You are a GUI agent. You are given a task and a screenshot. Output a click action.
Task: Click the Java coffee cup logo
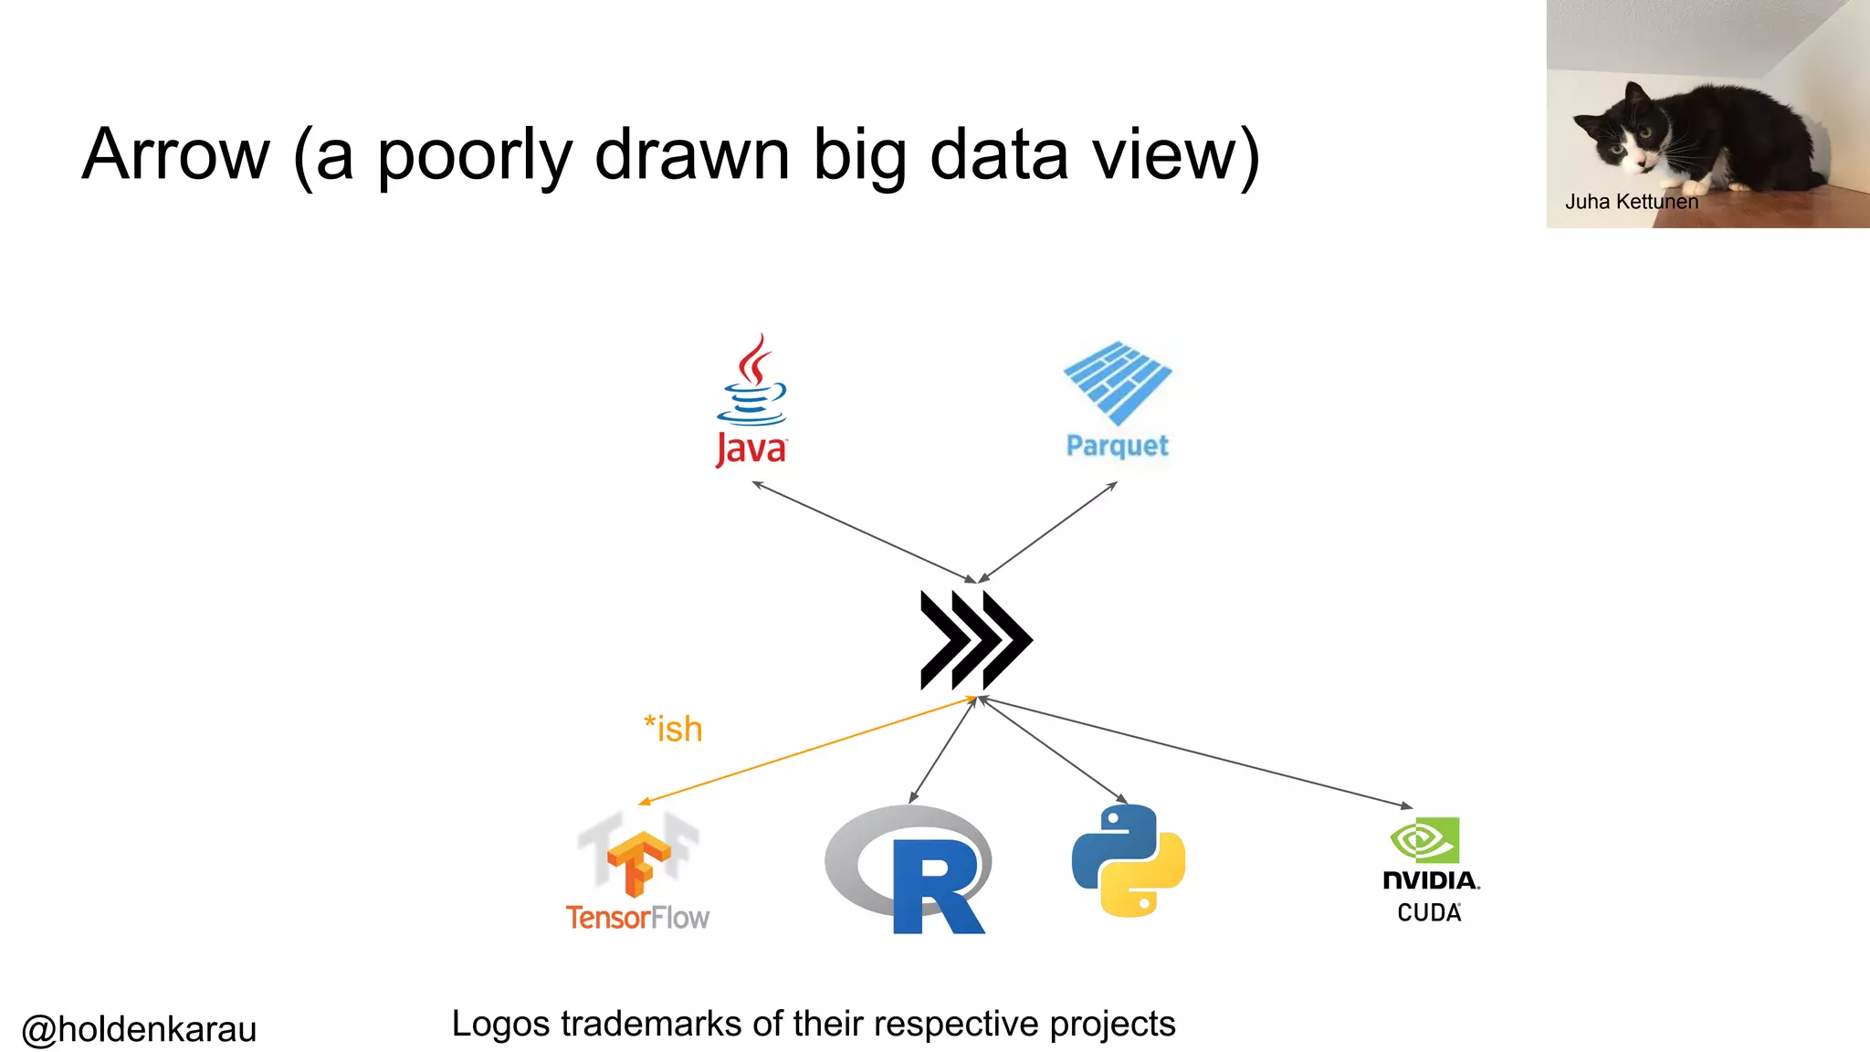point(751,384)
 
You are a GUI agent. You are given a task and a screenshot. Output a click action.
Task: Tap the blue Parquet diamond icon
point(1118,382)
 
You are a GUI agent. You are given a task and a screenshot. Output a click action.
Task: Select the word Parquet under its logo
point(1117,446)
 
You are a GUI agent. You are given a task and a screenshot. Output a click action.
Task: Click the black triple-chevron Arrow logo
point(975,639)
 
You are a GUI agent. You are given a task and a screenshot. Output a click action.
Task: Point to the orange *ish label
point(673,729)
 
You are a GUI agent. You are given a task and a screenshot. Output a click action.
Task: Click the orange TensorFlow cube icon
point(638,860)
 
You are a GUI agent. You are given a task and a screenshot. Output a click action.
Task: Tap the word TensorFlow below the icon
point(637,917)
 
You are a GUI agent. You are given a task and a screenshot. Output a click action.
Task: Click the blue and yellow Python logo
point(1129,860)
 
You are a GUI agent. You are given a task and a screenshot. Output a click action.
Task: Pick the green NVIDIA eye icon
point(1424,840)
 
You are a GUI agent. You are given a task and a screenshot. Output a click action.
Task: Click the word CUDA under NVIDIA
point(1429,912)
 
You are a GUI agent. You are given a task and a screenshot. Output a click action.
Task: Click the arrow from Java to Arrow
point(863,531)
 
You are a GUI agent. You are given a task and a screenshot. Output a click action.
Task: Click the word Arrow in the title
point(175,155)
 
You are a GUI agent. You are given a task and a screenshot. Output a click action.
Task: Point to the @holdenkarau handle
point(139,1029)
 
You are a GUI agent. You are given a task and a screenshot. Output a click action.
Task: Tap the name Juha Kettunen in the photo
point(1631,202)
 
